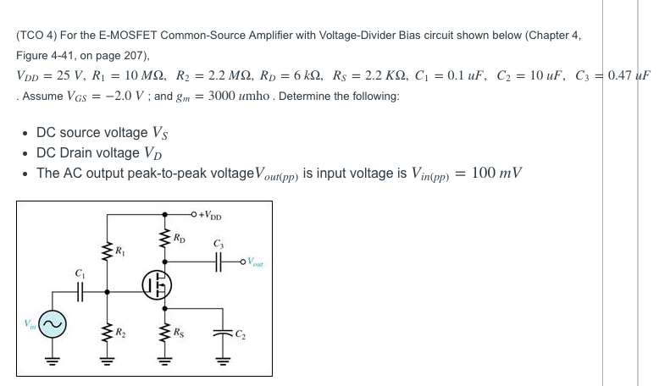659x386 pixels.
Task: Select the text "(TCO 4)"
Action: (36, 36)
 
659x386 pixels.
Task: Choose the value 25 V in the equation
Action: (63, 74)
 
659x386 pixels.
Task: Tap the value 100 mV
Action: (496, 173)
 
